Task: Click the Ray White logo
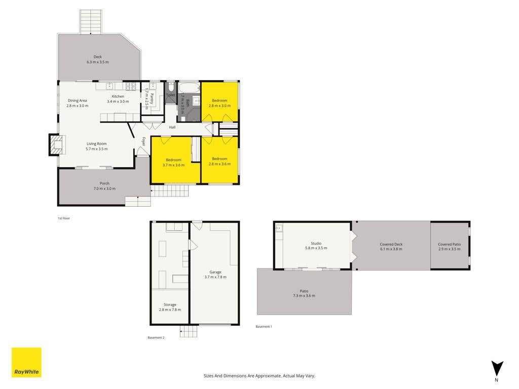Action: click(26, 362)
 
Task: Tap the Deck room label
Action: click(98, 57)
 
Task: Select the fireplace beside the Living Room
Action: click(56, 144)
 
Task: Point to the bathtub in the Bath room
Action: click(189, 88)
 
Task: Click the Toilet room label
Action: click(171, 95)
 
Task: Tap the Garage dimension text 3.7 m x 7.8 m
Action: click(215, 277)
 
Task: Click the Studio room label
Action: click(316, 244)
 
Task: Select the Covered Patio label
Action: click(449, 245)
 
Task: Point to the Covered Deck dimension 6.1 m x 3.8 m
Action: click(391, 249)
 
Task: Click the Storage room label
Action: click(170, 304)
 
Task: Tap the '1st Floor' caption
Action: click(64, 218)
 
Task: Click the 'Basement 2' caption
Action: click(156, 338)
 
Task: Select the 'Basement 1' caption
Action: click(264, 327)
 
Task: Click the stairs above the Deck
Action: click(91, 21)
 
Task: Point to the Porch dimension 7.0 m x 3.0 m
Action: click(104, 188)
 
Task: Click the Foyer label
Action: click(143, 142)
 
